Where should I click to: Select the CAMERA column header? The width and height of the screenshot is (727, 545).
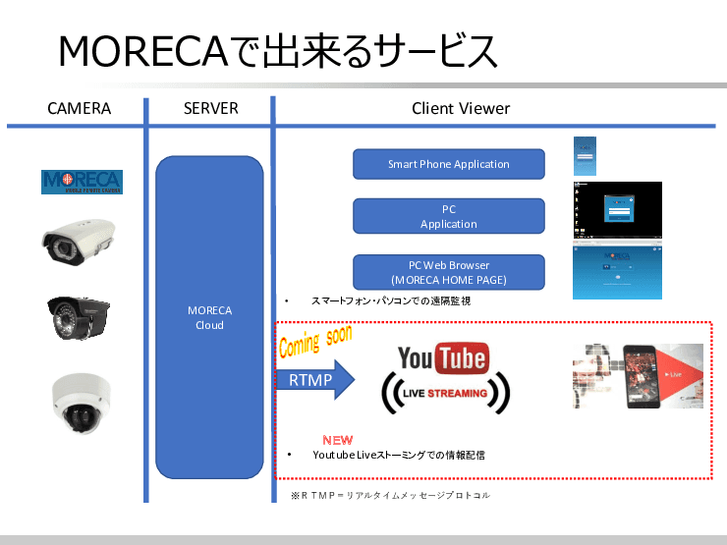tap(79, 108)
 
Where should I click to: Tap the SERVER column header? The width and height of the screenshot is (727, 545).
tap(210, 108)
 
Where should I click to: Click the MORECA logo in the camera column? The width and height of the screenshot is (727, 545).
tap(82, 183)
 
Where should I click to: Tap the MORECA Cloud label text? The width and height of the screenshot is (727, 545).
tap(209, 318)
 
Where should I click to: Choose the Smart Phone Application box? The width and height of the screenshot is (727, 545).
tap(448, 164)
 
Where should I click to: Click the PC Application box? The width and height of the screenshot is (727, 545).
tap(448, 216)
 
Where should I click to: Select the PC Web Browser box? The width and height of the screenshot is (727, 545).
tap(448, 272)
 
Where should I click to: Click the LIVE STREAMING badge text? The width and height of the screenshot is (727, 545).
tap(444, 394)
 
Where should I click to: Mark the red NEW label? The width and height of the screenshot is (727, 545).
tap(337, 440)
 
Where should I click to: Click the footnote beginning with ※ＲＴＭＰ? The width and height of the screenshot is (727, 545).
tap(390, 496)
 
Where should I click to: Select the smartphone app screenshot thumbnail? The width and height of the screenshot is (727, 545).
tap(586, 156)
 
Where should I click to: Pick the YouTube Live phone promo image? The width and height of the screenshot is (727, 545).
tap(638, 376)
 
